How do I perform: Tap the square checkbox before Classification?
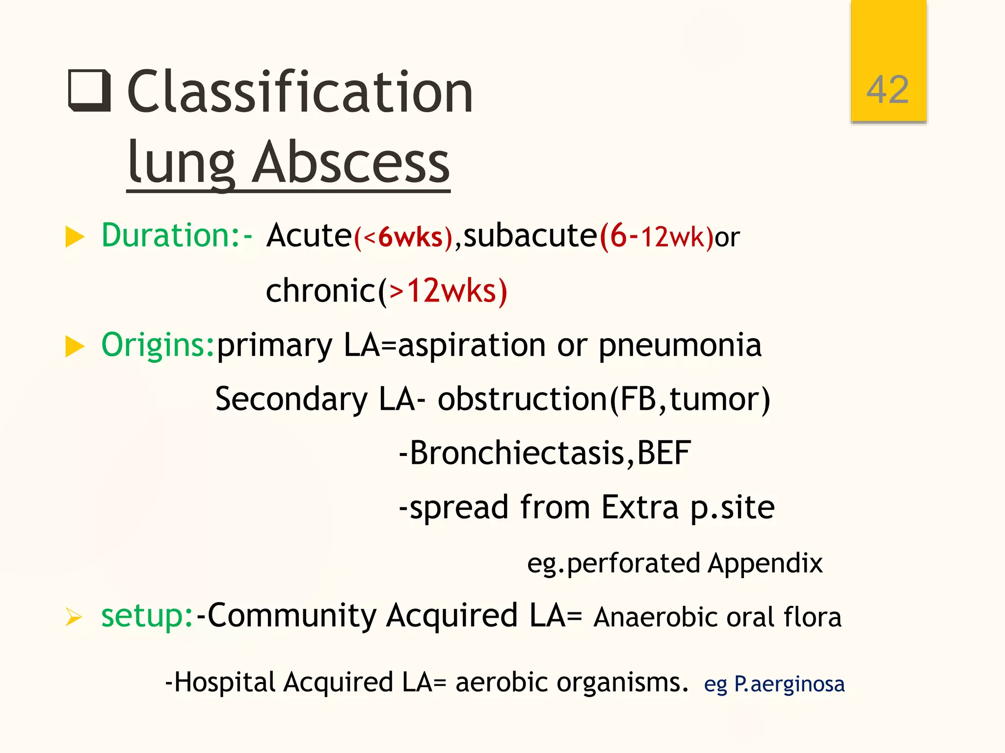[x=89, y=91]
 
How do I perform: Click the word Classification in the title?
[x=300, y=92]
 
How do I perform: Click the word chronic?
[x=320, y=291]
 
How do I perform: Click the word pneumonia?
[x=680, y=346]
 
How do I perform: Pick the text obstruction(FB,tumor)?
[x=604, y=399]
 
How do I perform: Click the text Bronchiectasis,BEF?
[x=550, y=453]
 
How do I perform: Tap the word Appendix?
[x=765, y=563]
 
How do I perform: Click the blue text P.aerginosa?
[x=789, y=684]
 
